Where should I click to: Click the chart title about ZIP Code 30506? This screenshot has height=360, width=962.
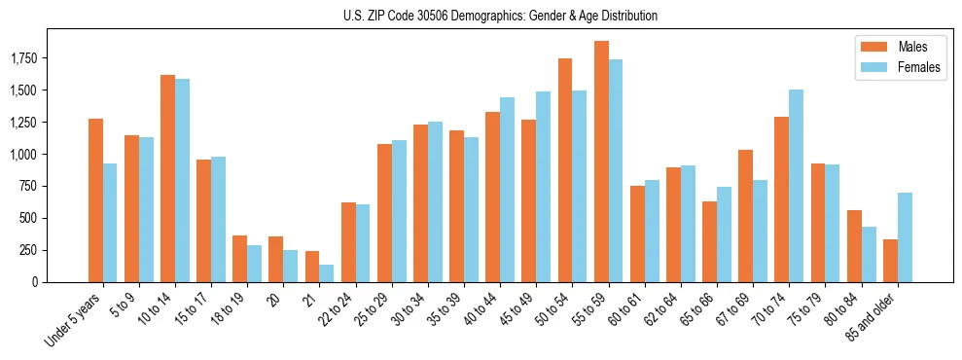pos(500,16)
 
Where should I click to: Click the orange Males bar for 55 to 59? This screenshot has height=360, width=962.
pos(601,162)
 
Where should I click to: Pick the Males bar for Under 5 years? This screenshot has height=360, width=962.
pos(95,200)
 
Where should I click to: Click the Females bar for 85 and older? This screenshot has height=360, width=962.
pos(905,237)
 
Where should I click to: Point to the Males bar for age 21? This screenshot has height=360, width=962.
pos(312,267)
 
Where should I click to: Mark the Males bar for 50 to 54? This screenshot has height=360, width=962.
pos(565,170)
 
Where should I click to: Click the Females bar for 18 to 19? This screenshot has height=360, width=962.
pos(254,264)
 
